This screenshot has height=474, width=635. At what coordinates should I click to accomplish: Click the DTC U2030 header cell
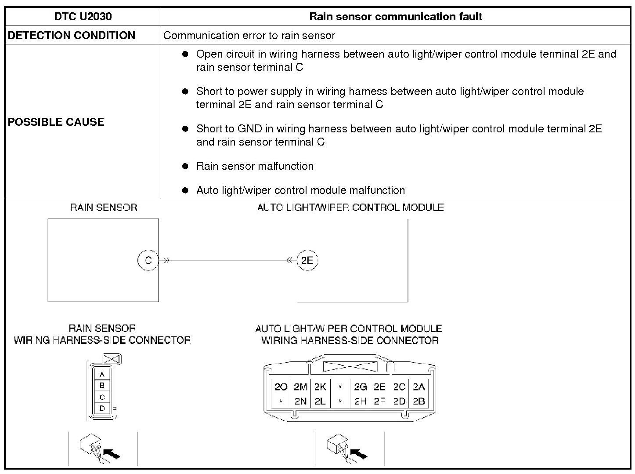coord(83,17)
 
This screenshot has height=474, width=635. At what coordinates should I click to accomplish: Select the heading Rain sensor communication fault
coord(396,17)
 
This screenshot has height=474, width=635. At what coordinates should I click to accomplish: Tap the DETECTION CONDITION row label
coord(72,36)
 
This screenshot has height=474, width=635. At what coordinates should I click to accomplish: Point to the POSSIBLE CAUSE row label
coord(56,122)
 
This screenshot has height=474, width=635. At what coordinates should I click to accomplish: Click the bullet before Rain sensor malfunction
coord(185,166)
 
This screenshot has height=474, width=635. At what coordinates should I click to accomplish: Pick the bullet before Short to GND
coord(185,129)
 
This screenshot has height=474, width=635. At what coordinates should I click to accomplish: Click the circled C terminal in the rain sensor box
coord(148,260)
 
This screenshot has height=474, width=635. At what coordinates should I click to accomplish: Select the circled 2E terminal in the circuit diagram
coord(307,260)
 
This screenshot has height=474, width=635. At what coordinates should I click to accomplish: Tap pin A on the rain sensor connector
coord(102,375)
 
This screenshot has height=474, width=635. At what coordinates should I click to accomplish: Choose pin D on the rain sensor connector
coord(102,408)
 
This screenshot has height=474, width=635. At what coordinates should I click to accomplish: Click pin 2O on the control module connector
coord(281,387)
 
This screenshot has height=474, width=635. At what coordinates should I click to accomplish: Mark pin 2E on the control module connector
coord(379,387)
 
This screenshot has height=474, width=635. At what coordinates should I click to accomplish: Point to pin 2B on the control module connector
coord(419,401)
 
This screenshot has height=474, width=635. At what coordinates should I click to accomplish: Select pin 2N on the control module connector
coord(300,401)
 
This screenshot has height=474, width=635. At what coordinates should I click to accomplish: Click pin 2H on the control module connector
coord(360,401)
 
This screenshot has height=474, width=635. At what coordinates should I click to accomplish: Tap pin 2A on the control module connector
coord(419,387)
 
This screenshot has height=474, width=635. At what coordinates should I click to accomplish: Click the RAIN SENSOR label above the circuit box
coord(104,208)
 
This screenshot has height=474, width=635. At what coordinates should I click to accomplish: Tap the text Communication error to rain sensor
coord(249,36)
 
